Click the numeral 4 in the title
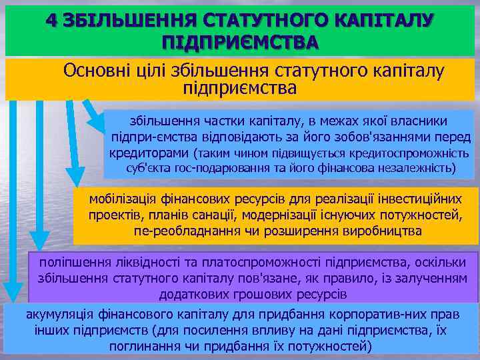pyautogui.click(x=51, y=21)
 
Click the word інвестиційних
pyautogui.click(x=417, y=199)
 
